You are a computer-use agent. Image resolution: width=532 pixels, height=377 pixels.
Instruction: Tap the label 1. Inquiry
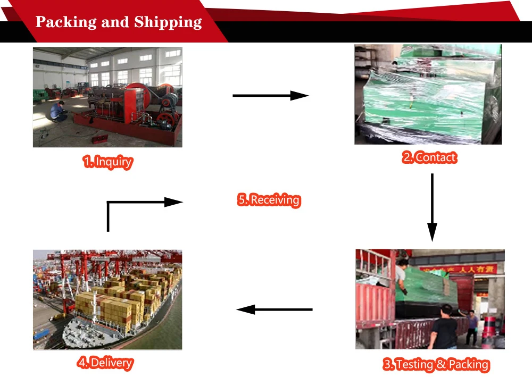[107, 162]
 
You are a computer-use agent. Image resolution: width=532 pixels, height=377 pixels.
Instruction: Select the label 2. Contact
[429, 157]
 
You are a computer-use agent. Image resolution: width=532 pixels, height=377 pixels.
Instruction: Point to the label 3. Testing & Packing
[436, 364]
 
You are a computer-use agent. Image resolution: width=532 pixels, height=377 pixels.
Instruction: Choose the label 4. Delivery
[105, 363]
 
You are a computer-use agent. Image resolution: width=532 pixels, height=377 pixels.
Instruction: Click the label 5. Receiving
[269, 200]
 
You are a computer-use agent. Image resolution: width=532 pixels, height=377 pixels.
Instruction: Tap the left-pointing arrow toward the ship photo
[274, 309]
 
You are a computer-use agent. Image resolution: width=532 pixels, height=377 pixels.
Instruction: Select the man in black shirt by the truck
[444, 327]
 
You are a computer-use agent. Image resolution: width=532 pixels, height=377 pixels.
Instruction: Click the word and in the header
[114, 22]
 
